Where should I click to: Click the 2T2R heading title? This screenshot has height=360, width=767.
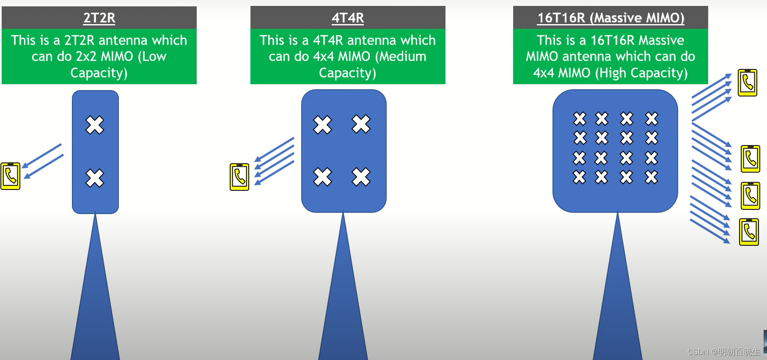pos(99,18)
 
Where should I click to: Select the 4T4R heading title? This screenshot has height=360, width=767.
pos(348,18)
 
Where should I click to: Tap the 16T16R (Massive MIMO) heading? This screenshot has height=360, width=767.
pos(610,18)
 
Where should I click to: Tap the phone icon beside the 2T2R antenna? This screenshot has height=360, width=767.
pos(11,176)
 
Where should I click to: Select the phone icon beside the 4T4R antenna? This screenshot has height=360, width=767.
pos(239,177)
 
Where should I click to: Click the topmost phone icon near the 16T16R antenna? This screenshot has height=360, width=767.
pos(748,82)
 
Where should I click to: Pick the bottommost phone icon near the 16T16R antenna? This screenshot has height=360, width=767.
pos(749,232)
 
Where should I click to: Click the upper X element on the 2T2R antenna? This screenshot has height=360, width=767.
pos(95,125)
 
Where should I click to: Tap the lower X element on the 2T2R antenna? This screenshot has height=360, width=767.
pos(95,178)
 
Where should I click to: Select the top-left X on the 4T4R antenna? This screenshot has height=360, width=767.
pos(322,125)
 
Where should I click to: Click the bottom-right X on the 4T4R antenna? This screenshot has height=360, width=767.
pos(361,177)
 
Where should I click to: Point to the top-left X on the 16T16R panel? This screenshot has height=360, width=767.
pos(580,118)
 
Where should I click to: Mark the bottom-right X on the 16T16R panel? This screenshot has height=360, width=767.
pos(652,177)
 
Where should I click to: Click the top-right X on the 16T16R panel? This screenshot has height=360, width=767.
pos(652,118)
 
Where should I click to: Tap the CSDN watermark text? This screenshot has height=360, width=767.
pos(723,352)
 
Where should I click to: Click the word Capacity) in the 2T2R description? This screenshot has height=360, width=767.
pos(99,73)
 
